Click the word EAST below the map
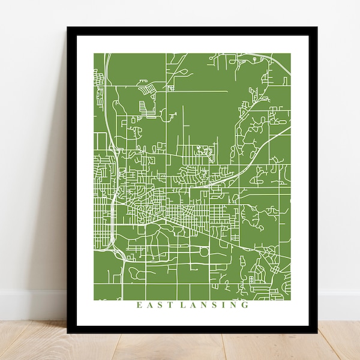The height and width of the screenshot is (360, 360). tap(152, 305)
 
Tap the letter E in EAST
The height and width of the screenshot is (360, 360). tap(139, 305)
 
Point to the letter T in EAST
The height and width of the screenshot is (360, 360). tap(165, 305)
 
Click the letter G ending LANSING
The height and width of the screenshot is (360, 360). tap(245, 305)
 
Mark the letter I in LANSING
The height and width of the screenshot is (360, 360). tap(225, 305)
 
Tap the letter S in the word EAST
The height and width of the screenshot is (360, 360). tap(157, 305)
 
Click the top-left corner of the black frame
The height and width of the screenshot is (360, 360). tap(68, 28)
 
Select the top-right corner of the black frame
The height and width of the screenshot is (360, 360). tap(317, 28)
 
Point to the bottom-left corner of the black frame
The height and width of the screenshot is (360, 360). tap(68, 332)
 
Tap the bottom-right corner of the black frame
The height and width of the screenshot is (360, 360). tap(317, 332)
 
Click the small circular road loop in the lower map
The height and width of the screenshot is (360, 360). tap(204, 252)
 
